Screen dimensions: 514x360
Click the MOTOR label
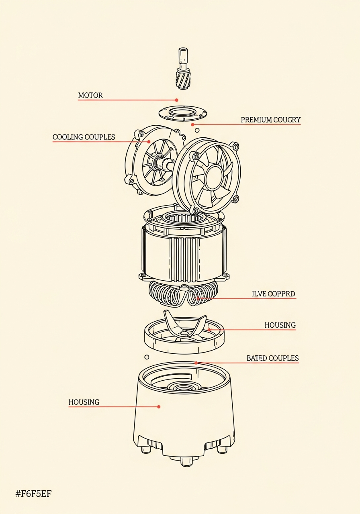pos(90,96)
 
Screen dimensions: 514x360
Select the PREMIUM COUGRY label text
pos(270,120)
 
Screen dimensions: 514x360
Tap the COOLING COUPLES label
pos(84,137)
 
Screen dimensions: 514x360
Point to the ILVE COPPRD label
pos(273,294)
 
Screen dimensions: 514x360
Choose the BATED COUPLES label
pos(272,358)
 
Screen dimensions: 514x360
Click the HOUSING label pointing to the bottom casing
pos(84,402)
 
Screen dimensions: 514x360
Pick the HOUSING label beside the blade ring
pos(280,325)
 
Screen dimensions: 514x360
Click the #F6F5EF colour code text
pos(33,494)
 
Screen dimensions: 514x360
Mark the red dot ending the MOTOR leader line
pos(176,100)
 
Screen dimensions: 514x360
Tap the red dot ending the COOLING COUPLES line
pos(149,142)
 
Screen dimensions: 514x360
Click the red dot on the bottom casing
pos(159,407)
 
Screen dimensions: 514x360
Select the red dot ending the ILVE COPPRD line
pos(198,298)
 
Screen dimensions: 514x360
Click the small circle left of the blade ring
pos(147,357)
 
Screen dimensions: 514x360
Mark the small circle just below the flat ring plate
pos(197,130)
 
